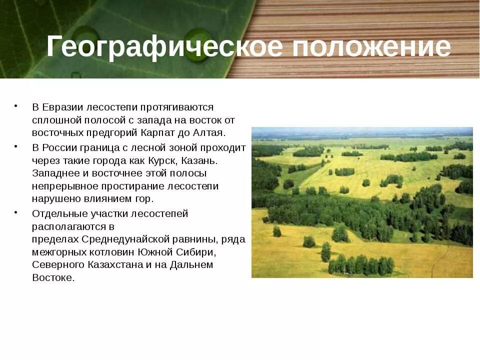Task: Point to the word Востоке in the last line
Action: click(52, 278)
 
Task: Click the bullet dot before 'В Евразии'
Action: click(16, 105)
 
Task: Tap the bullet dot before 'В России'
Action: click(16, 146)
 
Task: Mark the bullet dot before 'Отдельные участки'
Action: click(16, 212)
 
